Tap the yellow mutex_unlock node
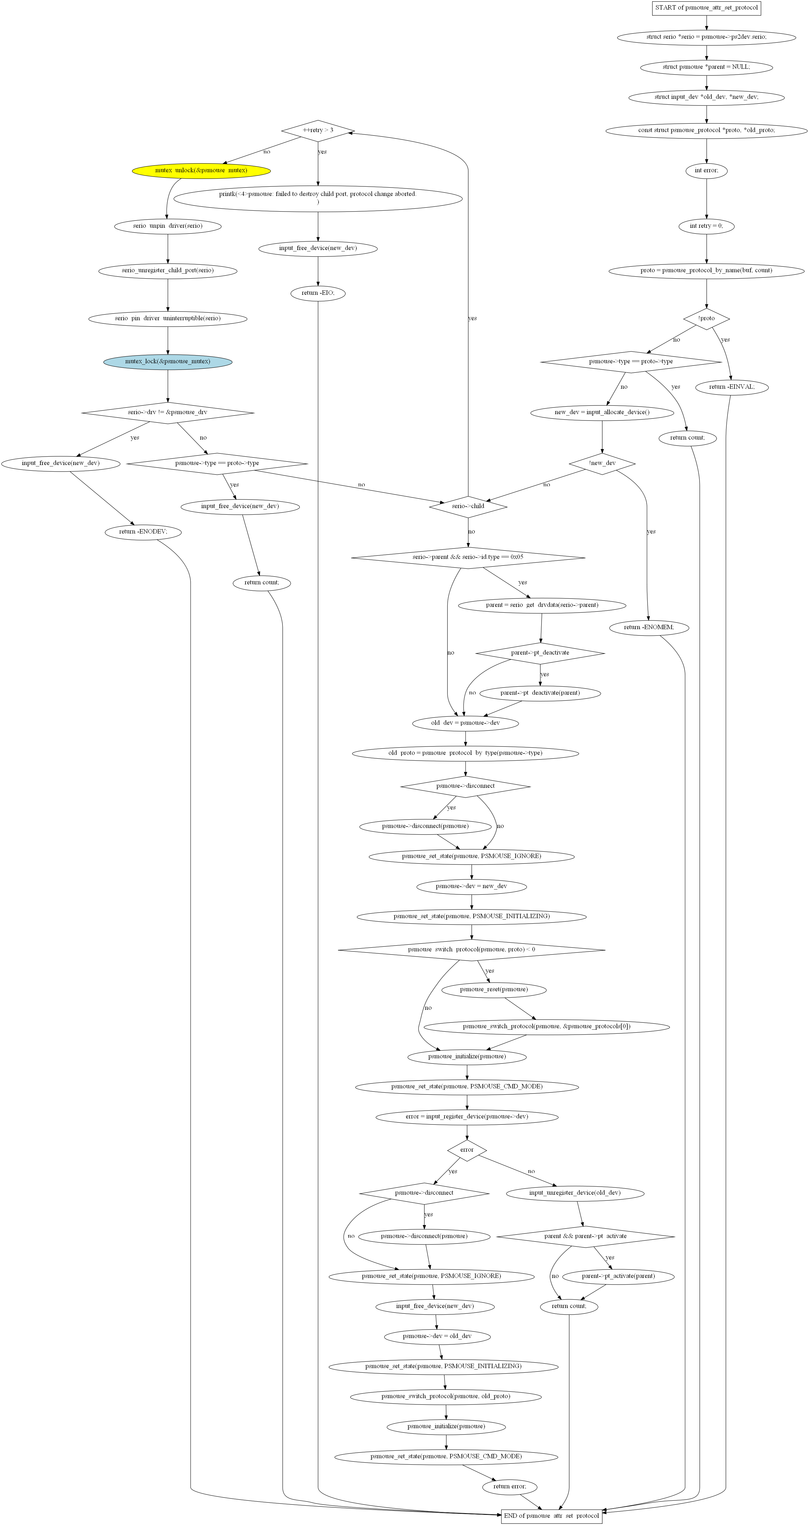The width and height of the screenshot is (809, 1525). tap(201, 171)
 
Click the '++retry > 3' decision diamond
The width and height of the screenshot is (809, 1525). tap(318, 130)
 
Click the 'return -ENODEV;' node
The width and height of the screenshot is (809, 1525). tap(143, 532)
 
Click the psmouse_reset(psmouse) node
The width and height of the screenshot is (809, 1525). tap(494, 989)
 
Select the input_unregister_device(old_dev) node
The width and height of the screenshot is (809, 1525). tap(575, 1193)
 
